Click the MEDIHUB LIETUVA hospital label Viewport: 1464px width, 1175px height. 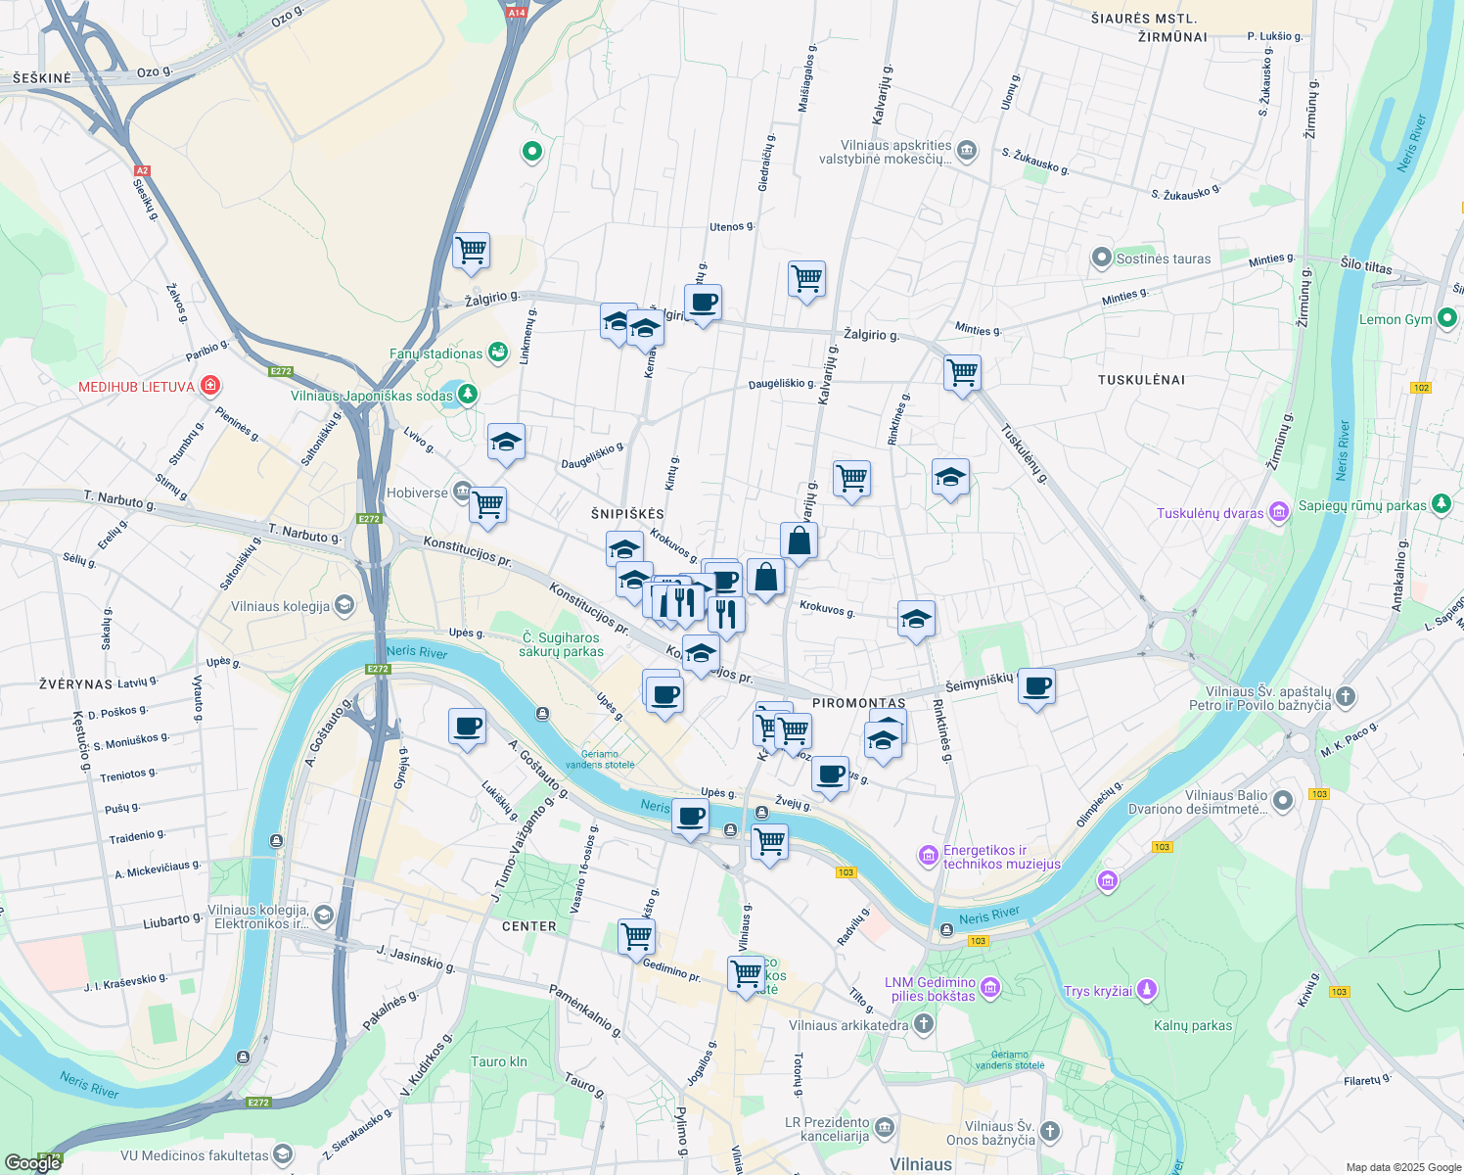pos(137,387)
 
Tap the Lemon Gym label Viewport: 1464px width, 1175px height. pos(1395,319)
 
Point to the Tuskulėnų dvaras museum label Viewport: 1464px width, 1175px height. pos(1210,513)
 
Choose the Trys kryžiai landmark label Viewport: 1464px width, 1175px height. pos(1098,991)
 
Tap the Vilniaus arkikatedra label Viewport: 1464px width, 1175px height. pos(848,1025)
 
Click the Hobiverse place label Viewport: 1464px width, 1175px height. pos(417,493)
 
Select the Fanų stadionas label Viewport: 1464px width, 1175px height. pos(436,353)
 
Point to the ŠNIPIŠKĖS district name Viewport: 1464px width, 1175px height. pos(628,514)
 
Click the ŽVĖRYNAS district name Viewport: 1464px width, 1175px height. pos(75,683)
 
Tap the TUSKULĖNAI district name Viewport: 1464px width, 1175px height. pos(1141,379)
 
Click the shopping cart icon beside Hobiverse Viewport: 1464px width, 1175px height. pos(487,506)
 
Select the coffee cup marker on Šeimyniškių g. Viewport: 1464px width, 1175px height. pos(1036,687)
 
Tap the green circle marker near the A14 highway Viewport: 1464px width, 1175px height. pos(532,151)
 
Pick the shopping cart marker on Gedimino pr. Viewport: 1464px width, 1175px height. pos(636,936)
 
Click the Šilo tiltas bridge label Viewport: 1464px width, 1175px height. pos(1365,265)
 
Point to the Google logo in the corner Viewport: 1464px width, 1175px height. pos(33,1162)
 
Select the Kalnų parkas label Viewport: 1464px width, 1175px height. pos(1192,1025)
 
